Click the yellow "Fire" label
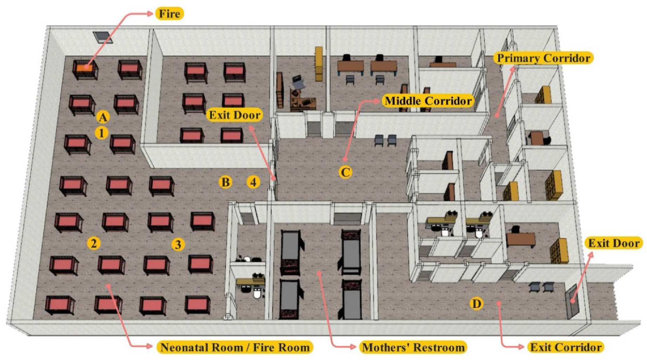point(169,14)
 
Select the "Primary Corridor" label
point(543,58)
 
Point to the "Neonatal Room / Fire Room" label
point(235,347)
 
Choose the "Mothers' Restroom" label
point(413,347)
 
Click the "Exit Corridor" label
point(566,347)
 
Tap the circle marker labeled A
point(102,117)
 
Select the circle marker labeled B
point(225,182)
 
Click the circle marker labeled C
point(345,172)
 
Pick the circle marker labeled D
point(476,304)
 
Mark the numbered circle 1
point(102,133)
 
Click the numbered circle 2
point(94,243)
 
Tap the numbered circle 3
point(178,244)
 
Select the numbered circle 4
point(253,182)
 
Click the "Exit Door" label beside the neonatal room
point(234,115)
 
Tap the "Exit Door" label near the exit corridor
point(614,243)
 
